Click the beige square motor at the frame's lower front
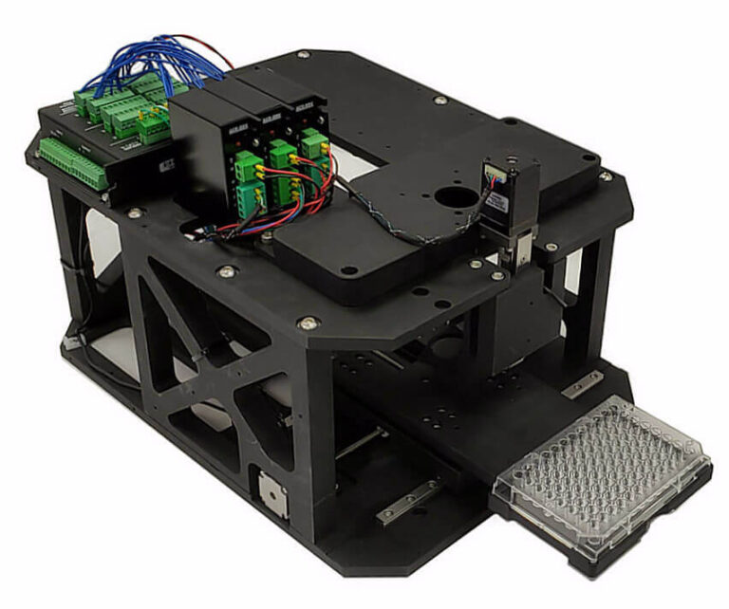point(273,492)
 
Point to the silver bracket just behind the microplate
point(580,384)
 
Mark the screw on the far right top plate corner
point(605,177)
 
